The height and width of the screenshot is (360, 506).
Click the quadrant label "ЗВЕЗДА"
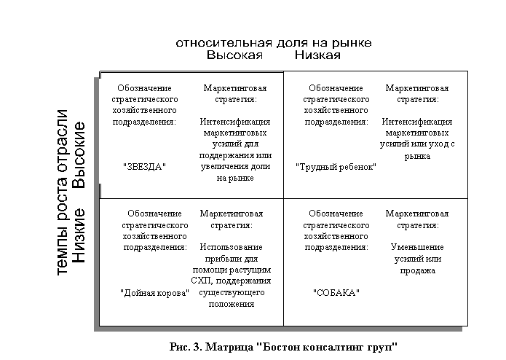point(145,166)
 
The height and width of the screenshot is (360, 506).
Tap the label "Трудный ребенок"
point(336,167)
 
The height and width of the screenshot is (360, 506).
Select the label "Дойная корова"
point(154,292)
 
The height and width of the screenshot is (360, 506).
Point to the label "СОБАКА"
point(336,292)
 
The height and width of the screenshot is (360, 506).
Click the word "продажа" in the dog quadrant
point(417,270)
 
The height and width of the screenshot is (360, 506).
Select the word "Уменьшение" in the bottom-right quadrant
point(417,247)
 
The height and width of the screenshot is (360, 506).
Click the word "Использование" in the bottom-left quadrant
point(232,247)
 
